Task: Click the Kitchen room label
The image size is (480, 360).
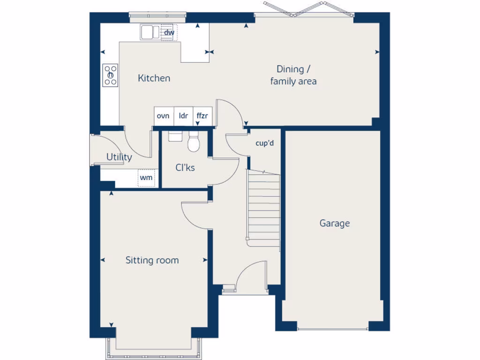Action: (x=154, y=78)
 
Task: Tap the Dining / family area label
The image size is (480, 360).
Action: (x=293, y=75)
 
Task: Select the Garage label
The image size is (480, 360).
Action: (x=335, y=223)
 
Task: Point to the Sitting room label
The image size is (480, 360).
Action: (x=152, y=260)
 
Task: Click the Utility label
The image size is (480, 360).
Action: (x=119, y=157)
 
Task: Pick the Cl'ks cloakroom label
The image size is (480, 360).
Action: (x=185, y=168)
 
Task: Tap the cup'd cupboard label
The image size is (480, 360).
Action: (x=264, y=143)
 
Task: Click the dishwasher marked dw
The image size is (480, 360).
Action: (x=169, y=32)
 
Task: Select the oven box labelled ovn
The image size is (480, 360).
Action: (x=163, y=116)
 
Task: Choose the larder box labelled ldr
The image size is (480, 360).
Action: (x=183, y=116)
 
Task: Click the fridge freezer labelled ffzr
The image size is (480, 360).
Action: (x=202, y=116)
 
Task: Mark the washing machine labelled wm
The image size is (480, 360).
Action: (x=146, y=178)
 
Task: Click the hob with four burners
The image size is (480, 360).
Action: (x=111, y=75)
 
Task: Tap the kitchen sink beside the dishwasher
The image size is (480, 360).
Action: (x=150, y=32)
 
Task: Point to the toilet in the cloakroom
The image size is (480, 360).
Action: (x=193, y=142)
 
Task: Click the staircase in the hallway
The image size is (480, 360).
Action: (x=263, y=206)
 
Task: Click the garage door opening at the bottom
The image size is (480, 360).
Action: (x=333, y=328)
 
